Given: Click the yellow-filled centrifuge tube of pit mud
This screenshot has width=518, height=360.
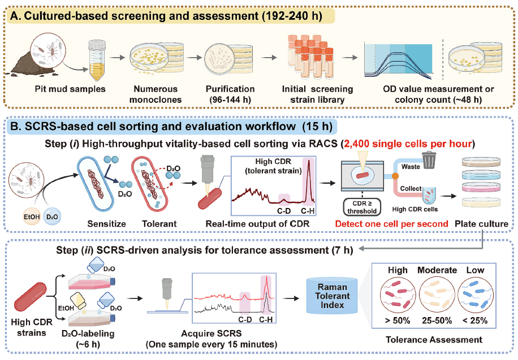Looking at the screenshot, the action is point(97,60).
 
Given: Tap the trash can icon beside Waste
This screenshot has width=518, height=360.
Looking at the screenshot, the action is point(429,160).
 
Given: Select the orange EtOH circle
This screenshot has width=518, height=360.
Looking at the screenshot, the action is point(32,217).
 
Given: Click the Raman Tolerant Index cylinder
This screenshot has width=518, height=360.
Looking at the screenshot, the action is point(333,296).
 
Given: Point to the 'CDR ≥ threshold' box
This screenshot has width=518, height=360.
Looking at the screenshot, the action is point(362,207).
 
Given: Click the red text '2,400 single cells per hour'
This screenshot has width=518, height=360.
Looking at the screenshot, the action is point(408,144).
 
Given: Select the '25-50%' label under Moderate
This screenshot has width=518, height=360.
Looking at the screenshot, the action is point(437,320).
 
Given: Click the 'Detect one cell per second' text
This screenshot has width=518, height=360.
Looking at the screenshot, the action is point(391,224).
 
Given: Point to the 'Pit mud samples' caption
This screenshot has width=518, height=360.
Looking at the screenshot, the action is point(70,89).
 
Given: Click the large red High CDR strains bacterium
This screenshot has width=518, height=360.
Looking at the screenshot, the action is point(31,297).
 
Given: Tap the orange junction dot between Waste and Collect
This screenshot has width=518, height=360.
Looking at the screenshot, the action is point(395,176).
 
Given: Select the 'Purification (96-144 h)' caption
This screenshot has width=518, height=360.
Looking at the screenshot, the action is point(230,94).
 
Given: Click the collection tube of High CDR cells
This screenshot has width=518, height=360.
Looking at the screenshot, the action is point(429,196).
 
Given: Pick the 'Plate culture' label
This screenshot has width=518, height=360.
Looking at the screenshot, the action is point(481,224).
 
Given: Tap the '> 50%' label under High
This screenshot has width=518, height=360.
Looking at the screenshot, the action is point(398,320).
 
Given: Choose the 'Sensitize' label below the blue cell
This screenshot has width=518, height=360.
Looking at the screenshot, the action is point(106,224).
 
